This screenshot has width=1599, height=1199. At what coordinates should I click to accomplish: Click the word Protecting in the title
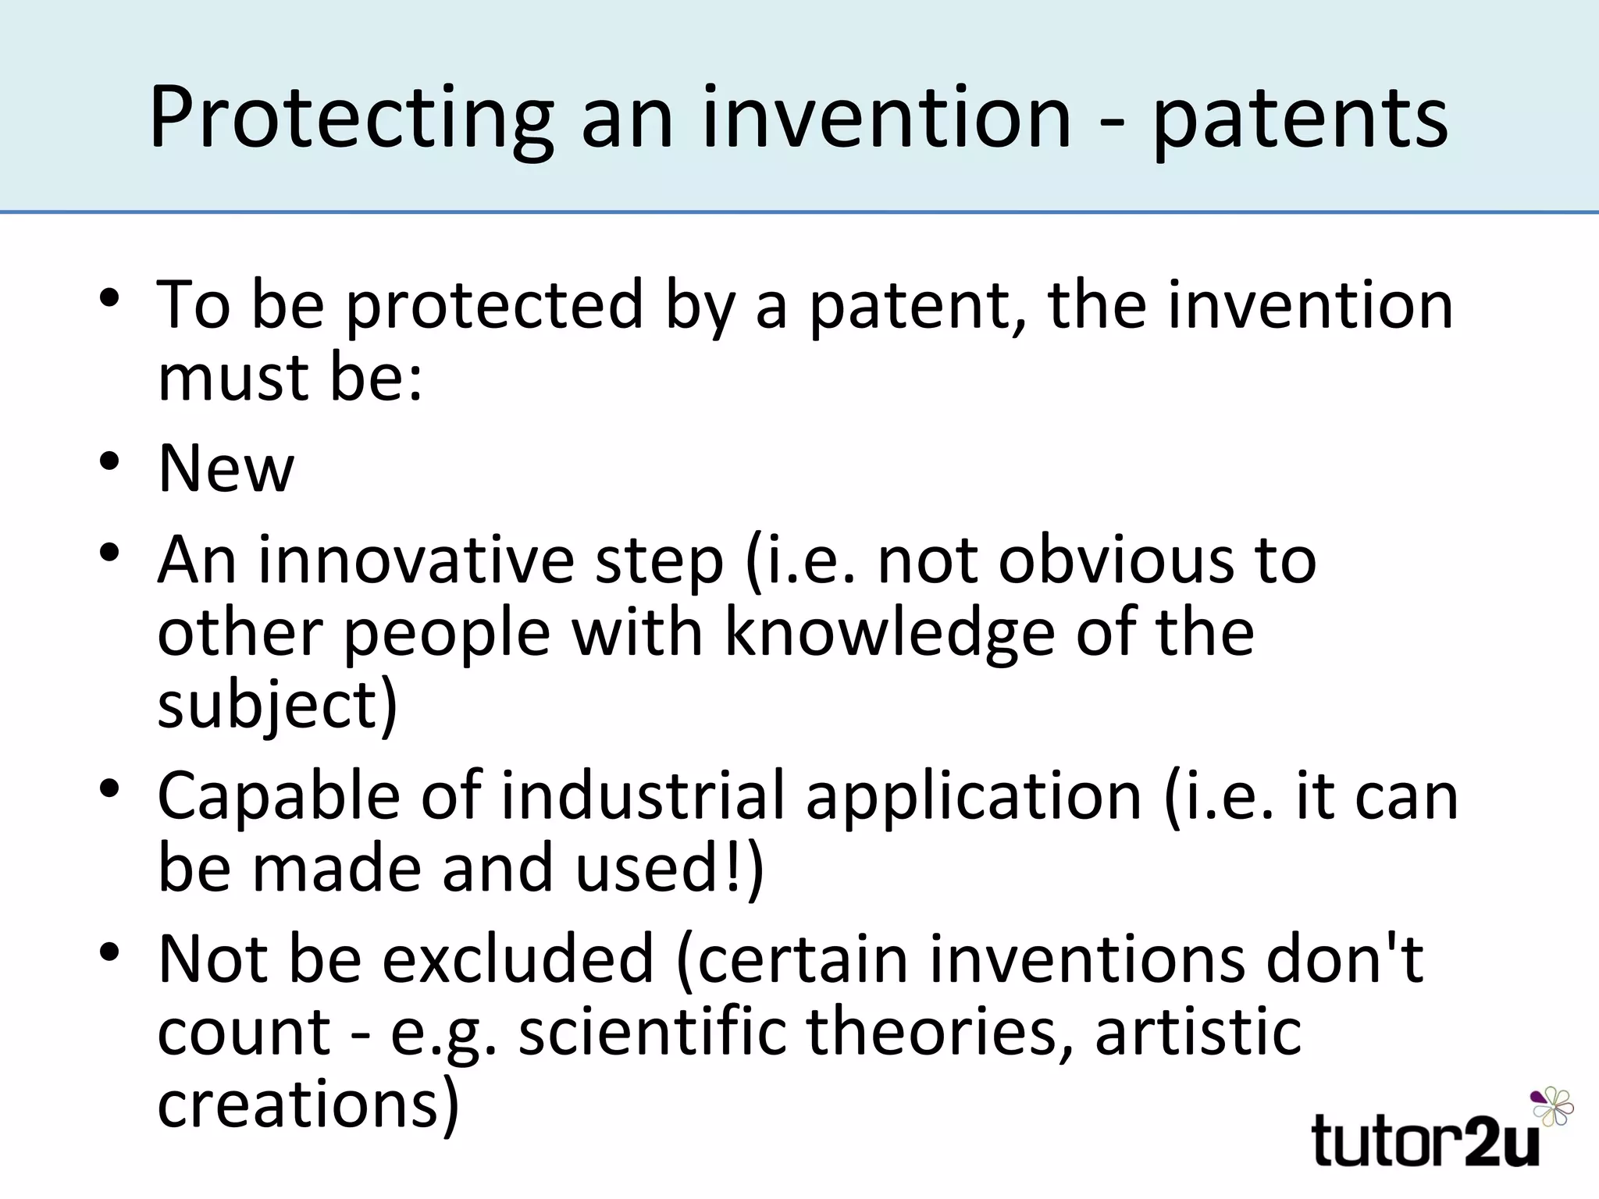coord(351,119)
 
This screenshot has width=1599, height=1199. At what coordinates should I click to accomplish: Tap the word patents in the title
coord(1300,119)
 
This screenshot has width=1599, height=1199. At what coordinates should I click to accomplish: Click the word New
coord(226,468)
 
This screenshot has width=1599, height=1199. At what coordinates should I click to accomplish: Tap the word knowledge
coord(890,632)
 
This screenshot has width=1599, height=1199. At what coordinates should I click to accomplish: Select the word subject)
coord(278,705)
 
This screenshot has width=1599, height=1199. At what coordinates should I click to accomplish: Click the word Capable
coord(279,796)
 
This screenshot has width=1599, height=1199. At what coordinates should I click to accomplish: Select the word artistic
coord(1198,1032)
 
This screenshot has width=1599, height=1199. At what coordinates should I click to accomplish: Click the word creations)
coord(308,1104)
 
